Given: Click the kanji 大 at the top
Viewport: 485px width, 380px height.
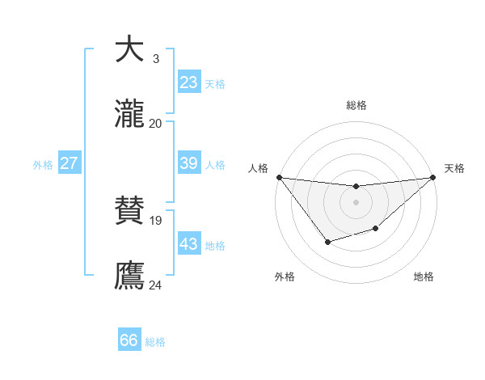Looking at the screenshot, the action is tap(129, 49).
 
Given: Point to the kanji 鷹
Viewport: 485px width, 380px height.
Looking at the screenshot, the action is tap(129, 274).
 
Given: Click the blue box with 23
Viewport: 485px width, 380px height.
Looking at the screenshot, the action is tap(188, 82).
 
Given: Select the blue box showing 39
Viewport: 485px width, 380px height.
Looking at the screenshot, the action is tap(188, 163).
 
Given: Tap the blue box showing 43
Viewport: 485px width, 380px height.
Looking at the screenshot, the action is tap(188, 244).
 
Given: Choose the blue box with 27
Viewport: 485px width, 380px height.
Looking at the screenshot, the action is tap(69, 163).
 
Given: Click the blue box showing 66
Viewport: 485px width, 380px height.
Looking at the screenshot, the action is tap(129, 340).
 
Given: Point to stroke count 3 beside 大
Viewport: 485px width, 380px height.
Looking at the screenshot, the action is tap(156, 59).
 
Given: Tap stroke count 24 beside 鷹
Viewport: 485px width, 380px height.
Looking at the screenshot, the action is tap(156, 284).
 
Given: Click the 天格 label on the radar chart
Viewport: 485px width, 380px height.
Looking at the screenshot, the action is tap(454, 168).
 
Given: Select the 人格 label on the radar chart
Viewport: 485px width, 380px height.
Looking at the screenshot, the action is tap(258, 168).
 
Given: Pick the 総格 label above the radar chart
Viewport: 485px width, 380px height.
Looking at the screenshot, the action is tap(356, 105).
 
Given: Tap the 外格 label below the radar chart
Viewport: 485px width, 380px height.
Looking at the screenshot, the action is tap(285, 277).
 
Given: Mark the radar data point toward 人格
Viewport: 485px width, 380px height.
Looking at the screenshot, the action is tap(279, 177).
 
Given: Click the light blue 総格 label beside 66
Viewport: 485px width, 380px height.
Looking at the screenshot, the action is tap(155, 342).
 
